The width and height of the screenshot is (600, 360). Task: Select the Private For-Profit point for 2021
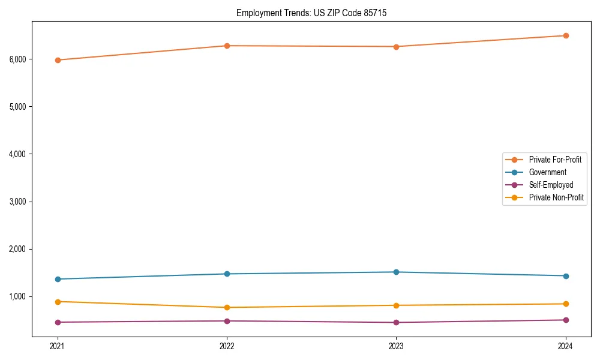coord(58,60)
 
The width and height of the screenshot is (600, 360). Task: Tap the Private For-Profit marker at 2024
coord(566,35)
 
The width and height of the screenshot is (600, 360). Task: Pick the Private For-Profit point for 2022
coord(227,46)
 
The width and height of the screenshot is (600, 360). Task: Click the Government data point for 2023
coord(396,272)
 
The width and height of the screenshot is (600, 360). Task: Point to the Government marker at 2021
coord(58,279)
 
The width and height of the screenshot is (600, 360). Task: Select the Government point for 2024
coord(566,276)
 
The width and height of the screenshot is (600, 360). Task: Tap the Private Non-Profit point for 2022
coord(227,307)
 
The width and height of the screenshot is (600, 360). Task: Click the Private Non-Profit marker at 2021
coord(58,302)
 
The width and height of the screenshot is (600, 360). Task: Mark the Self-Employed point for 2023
coord(396,322)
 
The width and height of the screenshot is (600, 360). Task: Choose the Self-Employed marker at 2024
coord(566,320)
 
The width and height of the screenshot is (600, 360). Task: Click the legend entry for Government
coord(547,172)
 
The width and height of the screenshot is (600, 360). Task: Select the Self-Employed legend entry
coord(551,185)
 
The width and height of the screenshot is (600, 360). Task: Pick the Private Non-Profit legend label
coord(556,197)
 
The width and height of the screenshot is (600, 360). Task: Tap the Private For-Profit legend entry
coord(555,160)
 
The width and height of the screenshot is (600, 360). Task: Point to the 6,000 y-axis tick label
coord(18,59)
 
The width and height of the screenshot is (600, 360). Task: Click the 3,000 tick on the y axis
coord(18,202)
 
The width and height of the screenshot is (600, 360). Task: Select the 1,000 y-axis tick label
coord(18,296)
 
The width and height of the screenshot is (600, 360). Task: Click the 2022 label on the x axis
coord(227,346)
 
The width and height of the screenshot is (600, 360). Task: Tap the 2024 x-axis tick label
coord(566,346)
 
